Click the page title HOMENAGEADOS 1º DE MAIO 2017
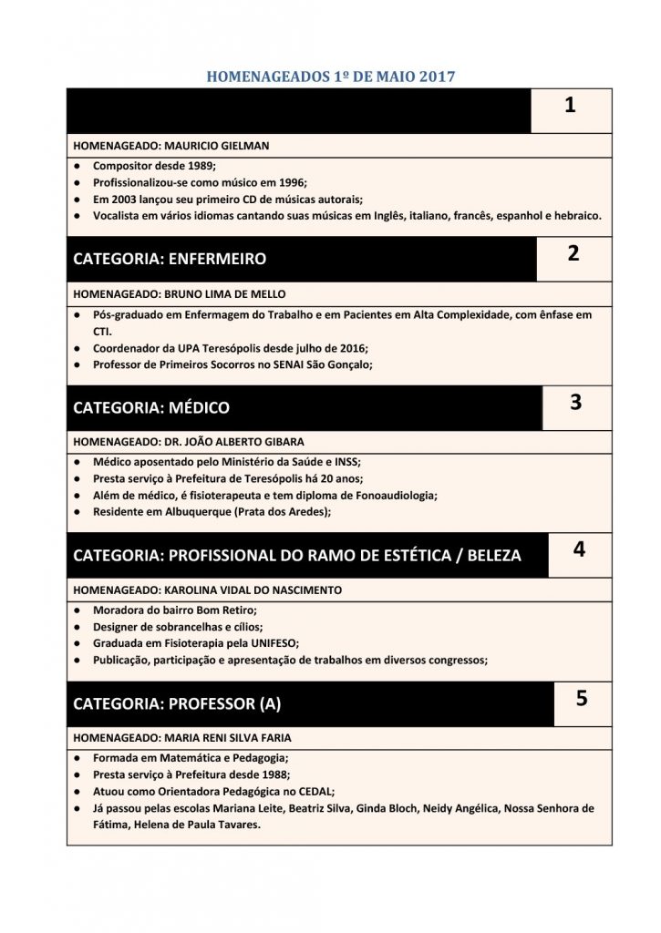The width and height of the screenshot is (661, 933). point(331,77)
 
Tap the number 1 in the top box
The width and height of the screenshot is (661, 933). point(570,106)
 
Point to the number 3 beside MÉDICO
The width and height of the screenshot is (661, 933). point(575,402)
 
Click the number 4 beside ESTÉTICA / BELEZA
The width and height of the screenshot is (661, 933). point(579,549)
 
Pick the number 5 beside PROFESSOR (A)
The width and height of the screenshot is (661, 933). point(582,699)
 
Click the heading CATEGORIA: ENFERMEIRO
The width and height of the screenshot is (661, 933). point(170,259)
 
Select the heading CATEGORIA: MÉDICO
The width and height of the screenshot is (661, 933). point(151,407)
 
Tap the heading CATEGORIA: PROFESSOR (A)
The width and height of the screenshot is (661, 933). point(177,703)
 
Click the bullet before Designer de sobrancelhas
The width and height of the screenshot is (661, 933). point(78,627)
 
